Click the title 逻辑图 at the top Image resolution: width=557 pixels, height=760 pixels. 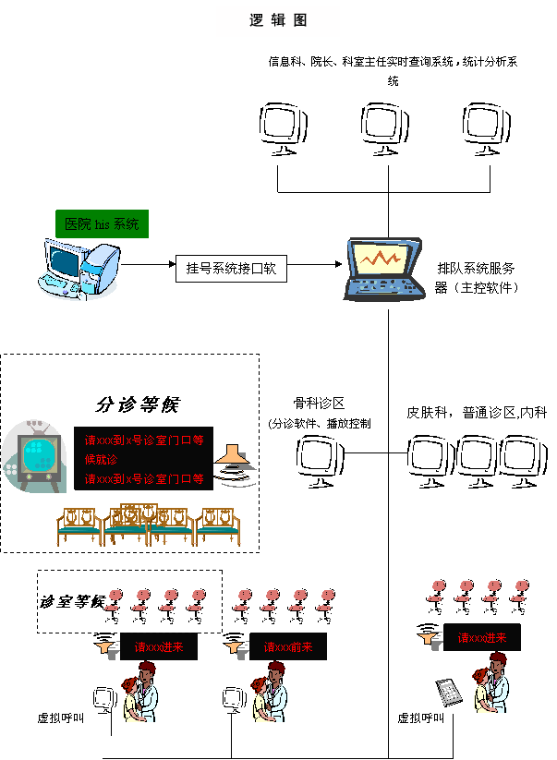[x=278, y=20]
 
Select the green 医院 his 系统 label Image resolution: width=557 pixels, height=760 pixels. [x=102, y=224]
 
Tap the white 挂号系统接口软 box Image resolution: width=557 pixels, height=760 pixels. [x=231, y=269]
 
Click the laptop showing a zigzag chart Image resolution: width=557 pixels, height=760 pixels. [x=384, y=269]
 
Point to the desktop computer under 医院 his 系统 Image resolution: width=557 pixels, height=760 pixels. [x=79, y=269]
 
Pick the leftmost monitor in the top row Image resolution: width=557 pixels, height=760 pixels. [x=282, y=128]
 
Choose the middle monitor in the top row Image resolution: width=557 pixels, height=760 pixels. [x=383, y=128]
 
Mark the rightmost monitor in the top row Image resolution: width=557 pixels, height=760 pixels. [x=485, y=128]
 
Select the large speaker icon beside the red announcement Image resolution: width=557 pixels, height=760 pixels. [x=236, y=465]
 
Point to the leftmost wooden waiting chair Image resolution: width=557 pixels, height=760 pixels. [x=79, y=525]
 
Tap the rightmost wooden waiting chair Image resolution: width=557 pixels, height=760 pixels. [x=219, y=525]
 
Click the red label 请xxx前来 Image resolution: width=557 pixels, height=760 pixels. [x=287, y=647]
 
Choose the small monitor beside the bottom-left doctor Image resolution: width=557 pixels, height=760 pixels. [x=103, y=699]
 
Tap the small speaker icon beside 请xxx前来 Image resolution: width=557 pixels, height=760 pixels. [x=236, y=648]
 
